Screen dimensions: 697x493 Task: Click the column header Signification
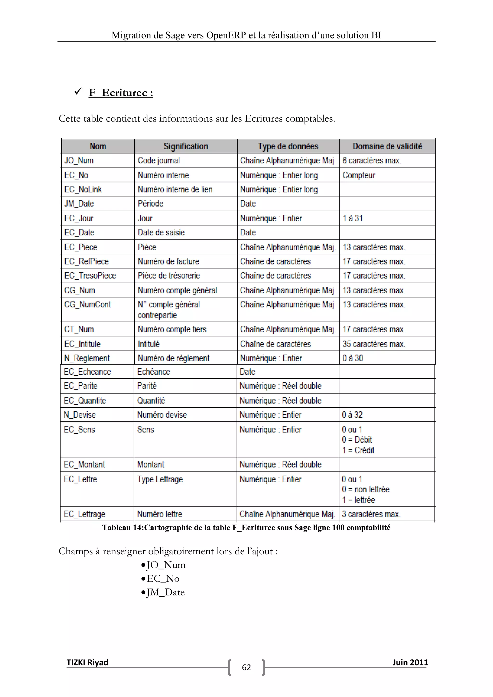click(186, 146)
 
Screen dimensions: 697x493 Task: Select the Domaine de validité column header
click(387, 146)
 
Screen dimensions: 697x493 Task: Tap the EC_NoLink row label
click(83, 189)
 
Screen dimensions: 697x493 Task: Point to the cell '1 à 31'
click(352, 218)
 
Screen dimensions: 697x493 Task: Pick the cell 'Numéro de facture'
click(168, 261)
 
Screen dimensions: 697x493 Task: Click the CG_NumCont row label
click(87, 304)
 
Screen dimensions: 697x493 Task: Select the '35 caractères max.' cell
click(374, 344)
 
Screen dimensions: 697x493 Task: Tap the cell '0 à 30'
click(352, 358)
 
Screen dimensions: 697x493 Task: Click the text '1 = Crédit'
click(358, 450)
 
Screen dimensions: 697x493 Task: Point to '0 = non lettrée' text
click(365, 489)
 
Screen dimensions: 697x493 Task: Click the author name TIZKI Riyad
click(87, 662)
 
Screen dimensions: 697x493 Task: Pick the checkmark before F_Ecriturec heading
click(78, 91)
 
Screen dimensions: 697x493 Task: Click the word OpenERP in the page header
click(226, 35)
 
